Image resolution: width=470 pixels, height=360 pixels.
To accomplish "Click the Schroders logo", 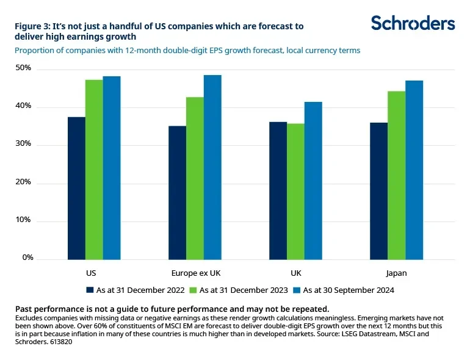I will point(413,23).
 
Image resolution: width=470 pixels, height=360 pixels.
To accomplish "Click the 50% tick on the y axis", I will point(24,68).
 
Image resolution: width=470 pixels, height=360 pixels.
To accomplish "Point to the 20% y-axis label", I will point(24,182).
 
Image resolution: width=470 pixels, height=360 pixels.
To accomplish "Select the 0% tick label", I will point(26,258).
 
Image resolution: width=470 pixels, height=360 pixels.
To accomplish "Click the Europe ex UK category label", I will point(195,273).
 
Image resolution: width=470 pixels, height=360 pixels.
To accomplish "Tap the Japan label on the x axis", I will point(396,273).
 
